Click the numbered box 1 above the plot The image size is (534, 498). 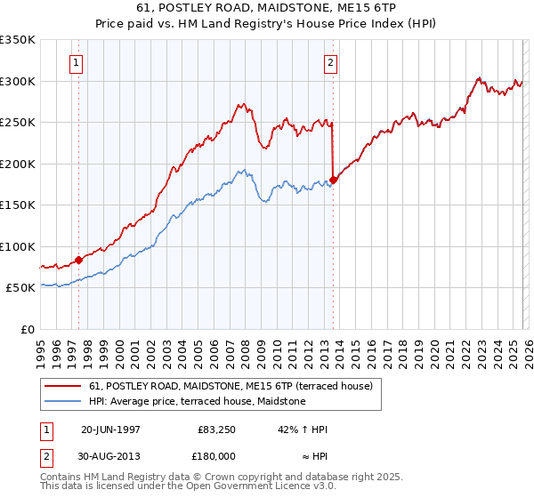(77, 63)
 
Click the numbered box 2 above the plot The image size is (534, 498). (330, 63)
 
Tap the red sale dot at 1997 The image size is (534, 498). (78, 260)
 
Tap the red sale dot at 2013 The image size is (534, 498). (333, 180)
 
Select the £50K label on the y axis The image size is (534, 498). (20, 288)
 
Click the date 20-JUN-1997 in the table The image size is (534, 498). (110, 429)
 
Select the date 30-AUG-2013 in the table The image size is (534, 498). (110, 454)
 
